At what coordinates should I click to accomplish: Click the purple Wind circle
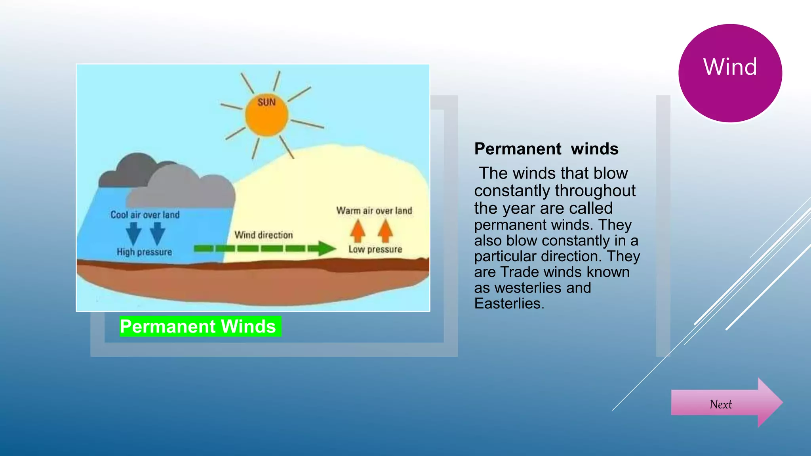tap(730, 73)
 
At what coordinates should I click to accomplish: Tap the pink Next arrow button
tap(721, 404)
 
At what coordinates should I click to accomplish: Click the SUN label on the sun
tap(267, 102)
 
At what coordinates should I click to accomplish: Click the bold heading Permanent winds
tap(546, 149)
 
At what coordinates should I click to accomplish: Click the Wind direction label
tap(263, 235)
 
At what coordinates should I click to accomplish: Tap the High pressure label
tap(144, 252)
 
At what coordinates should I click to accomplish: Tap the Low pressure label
tap(375, 249)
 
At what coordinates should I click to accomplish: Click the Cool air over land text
tap(145, 215)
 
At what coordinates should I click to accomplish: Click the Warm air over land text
tap(374, 211)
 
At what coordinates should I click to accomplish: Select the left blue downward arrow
tap(133, 233)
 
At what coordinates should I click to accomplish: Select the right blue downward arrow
tap(158, 233)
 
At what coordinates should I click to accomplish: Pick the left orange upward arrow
tap(358, 231)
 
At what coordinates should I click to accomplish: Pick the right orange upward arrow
tap(385, 231)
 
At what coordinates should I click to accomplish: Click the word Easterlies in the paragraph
tap(508, 304)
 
